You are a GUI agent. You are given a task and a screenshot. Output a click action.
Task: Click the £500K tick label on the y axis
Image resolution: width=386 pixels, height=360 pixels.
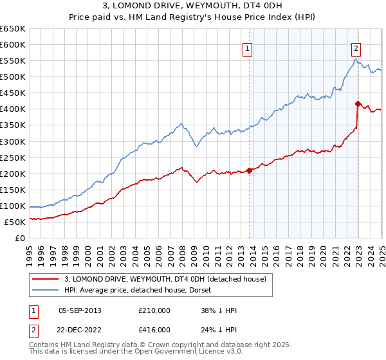tap(13, 77)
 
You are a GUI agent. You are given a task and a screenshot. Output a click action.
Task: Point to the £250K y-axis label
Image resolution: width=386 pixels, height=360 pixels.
tap(13, 157)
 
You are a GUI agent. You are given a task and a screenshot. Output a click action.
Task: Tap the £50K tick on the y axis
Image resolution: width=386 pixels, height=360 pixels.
tap(15, 222)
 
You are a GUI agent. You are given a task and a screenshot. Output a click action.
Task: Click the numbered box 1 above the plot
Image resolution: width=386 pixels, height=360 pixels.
tap(248, 47)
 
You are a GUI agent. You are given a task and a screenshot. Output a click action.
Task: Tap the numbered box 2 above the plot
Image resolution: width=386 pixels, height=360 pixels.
tap(356, 47)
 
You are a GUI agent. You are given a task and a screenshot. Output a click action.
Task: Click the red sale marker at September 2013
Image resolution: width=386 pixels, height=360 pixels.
tap(249, 170)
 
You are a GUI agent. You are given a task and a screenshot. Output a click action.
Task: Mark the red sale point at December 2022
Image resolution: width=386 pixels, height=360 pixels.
tap(358, 103)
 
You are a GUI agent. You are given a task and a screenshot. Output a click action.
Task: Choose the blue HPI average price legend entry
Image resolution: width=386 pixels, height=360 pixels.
tap(132, 290)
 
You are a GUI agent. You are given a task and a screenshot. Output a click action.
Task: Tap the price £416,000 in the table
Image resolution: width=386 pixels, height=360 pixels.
tap(154, 329)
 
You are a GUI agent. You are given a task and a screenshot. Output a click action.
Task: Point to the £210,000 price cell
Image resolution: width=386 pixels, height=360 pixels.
tap(154, 310)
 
